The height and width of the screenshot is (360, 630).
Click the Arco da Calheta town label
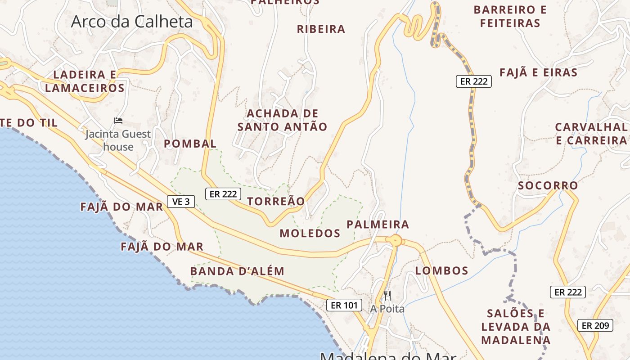[132, 22]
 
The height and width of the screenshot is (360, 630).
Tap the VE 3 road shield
[181, 202]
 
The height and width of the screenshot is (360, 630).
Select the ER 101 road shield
[344, 305]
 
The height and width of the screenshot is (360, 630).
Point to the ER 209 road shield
[595, 325]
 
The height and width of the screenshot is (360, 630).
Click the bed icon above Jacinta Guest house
[118, 121]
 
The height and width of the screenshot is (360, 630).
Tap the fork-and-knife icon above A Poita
[387, 296]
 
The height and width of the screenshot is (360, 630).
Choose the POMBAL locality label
[190, 144]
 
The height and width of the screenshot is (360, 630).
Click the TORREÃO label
[276, 201]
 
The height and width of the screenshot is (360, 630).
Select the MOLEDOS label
[310, 233]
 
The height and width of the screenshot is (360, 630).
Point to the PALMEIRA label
[378, 224]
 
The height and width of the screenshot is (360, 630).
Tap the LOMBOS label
[442, 270]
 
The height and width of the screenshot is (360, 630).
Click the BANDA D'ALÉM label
[237, 271]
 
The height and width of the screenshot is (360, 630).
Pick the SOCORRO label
[548, 185]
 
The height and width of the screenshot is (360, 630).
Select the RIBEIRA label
[321, 29]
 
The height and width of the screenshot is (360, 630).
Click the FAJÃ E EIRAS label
[539, 72]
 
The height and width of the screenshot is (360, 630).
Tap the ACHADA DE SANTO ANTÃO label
[282, 120]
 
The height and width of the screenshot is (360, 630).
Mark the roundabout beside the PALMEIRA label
[396, 240]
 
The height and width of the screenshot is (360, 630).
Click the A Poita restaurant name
[387, 309]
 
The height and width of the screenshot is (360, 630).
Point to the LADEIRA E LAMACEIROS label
[85, 81]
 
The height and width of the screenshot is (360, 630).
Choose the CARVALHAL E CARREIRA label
[591, 134]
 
